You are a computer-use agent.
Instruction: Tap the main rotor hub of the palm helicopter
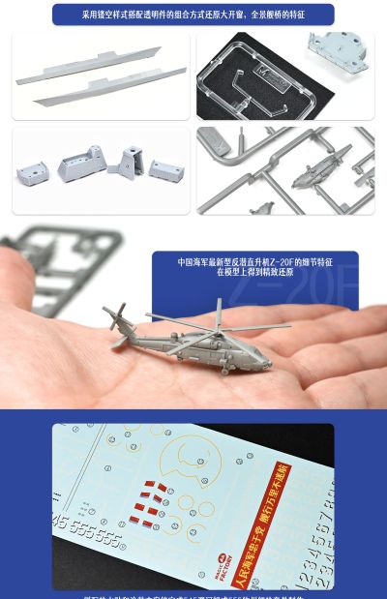219,322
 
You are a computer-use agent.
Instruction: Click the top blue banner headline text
193,15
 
